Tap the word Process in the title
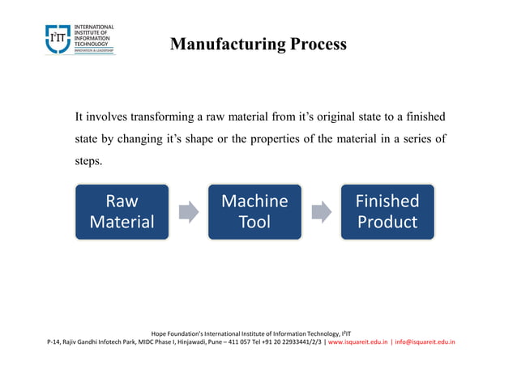point(312,45)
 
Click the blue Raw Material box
point(122,212)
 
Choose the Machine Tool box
point(254,212)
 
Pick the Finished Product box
point(387,212)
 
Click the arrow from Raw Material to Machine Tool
point(188,212)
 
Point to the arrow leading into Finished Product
point(321,212)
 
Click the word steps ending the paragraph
point(88,161)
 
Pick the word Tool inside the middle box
point(254,223)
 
